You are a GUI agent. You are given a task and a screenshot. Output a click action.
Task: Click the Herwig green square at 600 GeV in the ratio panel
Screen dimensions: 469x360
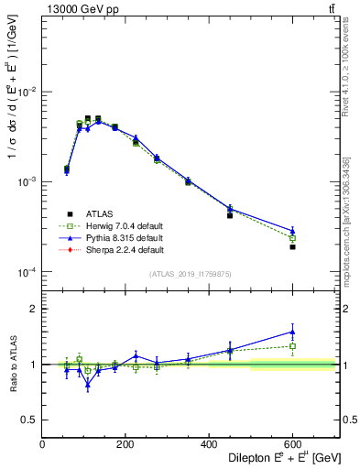[x=292, y=346]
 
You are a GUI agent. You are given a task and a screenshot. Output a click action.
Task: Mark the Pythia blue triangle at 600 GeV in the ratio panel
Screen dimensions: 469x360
[x=292, y=332]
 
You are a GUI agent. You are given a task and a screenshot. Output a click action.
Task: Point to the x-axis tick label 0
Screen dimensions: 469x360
[x=43, y=443]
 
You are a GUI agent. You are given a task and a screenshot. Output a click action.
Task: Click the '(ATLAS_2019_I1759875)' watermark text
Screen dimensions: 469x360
[x=191, y=273]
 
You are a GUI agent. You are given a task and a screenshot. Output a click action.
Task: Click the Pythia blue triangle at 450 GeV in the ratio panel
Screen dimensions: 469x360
[x=230, y=349]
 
